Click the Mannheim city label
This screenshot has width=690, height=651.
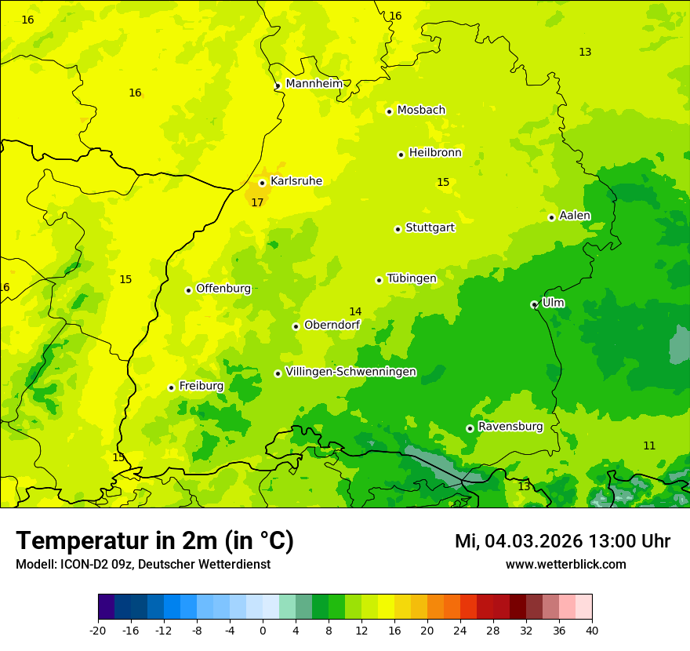pyautogui.click(x=314, y=83)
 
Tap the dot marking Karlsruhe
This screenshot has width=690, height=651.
pyautogui.click(x=262, y=183)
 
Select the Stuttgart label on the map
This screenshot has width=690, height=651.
pyautogui.click(x=430, y=227)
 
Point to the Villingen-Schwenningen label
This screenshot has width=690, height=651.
pyautogui.click(x=350, y=371)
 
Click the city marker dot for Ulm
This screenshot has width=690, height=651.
pyautogui.click(x=534, y=304)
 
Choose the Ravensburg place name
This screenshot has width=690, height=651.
pyautogui.click(x=510, y=426)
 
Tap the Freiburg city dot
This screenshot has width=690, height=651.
pyautogui.click(x=171, y=387)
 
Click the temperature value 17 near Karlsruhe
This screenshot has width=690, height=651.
pyautogui.click(x=257, y=202)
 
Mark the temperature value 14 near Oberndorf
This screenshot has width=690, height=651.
pyautogui.click(x=355, y=311)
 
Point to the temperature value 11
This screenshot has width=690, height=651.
pyautogui.click(x=649, y=446)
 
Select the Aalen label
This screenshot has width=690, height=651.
pyautogui.click(x=575, y=215)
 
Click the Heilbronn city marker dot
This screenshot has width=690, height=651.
pyautogui.click(x=401, y=155)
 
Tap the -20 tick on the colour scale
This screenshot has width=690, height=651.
pyautogui.click(x=98, y=630)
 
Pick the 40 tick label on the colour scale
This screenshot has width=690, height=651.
pyautogui.click(x=592, y=630)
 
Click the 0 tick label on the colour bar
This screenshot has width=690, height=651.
pyautogui.click(x=263, y=630)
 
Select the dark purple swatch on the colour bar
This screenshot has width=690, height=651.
pyautogui.click(x=106, y=607)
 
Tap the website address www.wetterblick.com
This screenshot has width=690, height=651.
pyautogui.click(x=565, y=564)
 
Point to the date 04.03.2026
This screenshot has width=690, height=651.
pyautogui.click(x=532, y=541)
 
